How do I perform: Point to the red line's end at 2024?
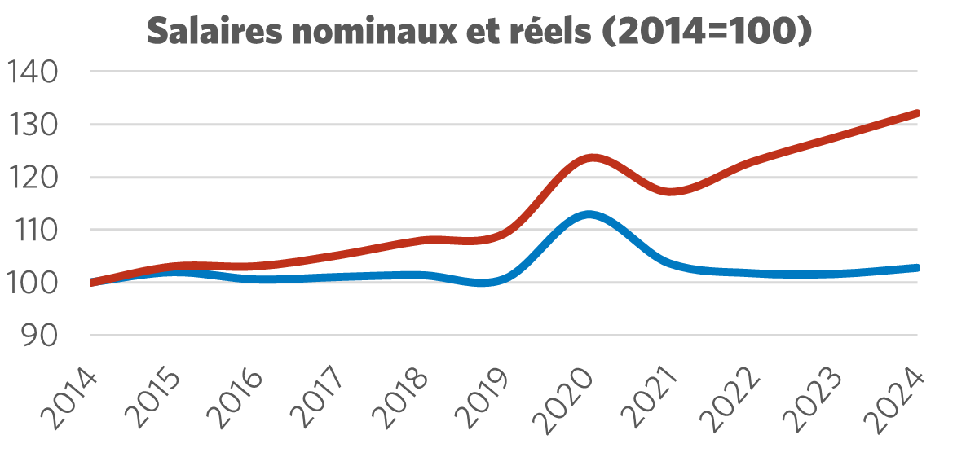pos(916,113)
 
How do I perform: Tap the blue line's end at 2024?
pos(916,267)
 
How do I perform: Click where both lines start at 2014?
pos(91,283)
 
